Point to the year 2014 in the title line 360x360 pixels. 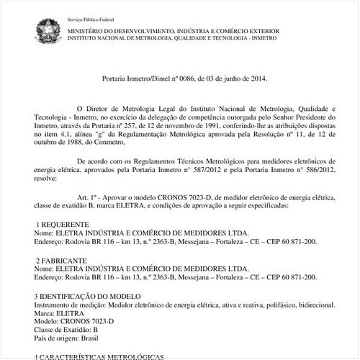(x=248, y=77)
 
